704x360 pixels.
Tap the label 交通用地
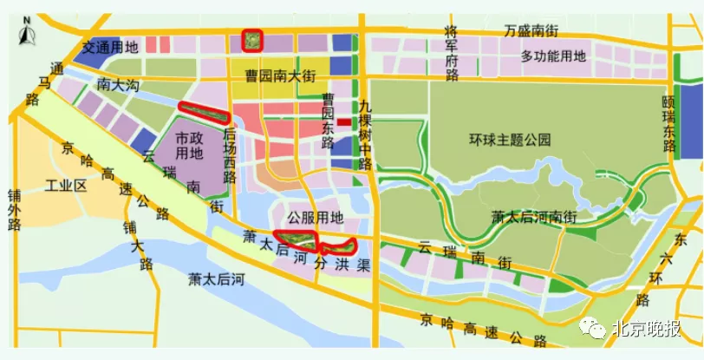(x=111, y=46)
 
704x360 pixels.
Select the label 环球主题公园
(x=510, y=139)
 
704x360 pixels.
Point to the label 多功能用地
(x=553, y=56)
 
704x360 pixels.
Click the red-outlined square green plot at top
(x=251, y=40)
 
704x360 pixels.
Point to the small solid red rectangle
(x=344, y=122)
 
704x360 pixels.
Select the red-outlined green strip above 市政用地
(x=203, y=112)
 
